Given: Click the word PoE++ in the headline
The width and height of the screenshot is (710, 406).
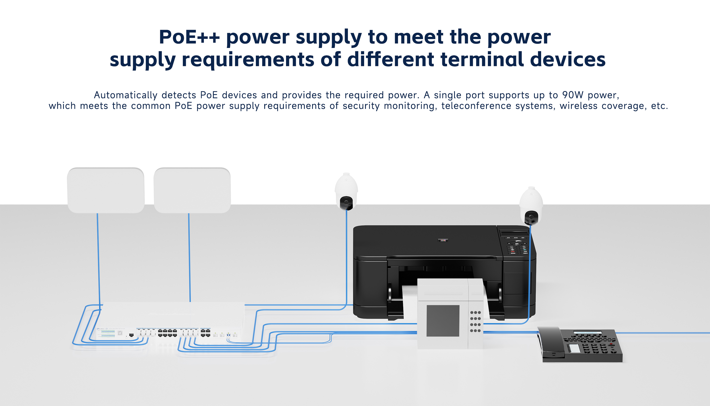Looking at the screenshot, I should click(x=189, y=37).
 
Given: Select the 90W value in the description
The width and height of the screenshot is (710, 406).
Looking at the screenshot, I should click(x=573, y=95).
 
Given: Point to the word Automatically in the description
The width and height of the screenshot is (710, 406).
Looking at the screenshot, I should click(x=126, y=95).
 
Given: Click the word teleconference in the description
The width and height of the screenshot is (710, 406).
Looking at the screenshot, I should click(x=476, y=106).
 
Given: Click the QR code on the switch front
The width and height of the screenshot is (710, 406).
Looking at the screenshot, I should click(x=120, y=333).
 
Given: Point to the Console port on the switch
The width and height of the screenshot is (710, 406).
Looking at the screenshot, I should click(x=131, y=335).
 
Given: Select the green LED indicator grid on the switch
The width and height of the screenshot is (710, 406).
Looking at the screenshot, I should click(x=108, y=333).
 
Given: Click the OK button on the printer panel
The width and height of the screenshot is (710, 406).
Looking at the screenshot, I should click(x=517, y=244).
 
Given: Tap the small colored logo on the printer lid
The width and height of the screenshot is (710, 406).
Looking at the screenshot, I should click(x=443, y=240).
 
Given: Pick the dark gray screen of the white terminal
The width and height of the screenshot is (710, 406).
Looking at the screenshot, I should click(x=443, y=321).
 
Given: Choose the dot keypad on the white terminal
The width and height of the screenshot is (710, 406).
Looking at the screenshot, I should click(x=475, y=322).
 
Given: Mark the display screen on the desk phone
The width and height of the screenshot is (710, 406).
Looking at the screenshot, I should click(x=587, y=333).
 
